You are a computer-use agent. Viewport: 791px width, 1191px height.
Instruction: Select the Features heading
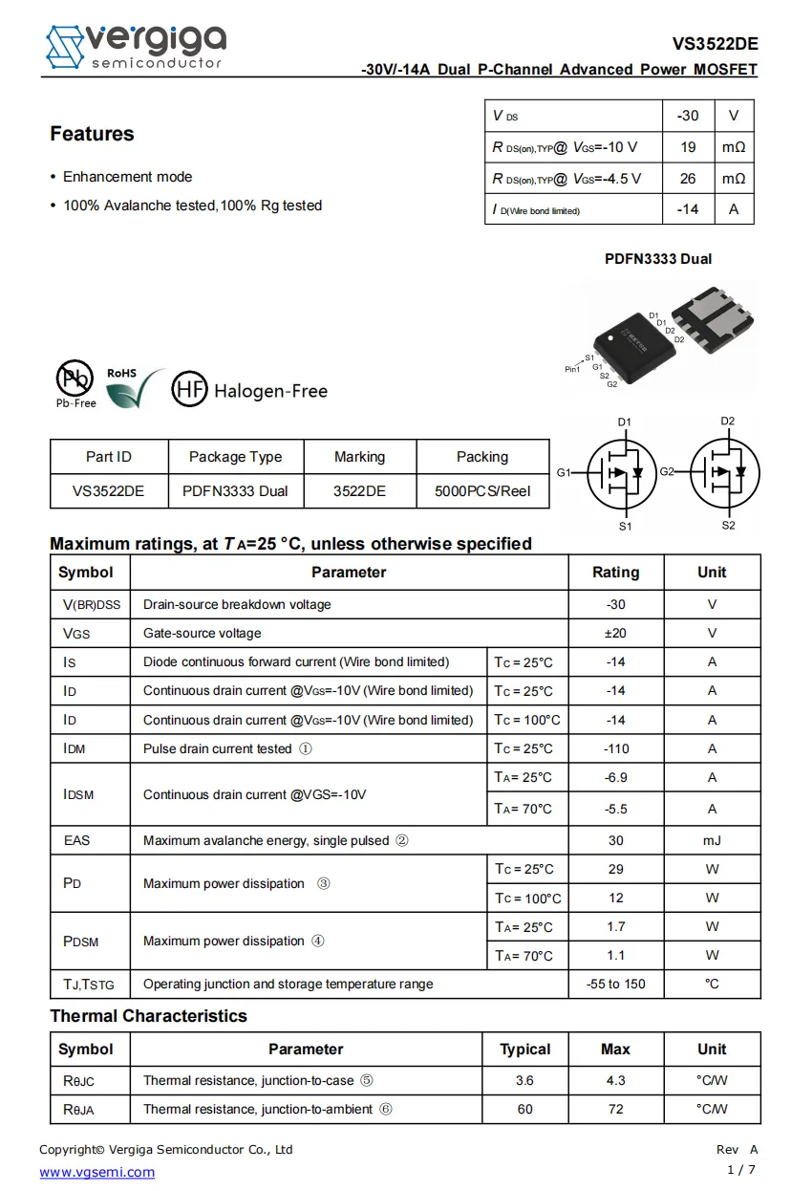(x=92, y=134)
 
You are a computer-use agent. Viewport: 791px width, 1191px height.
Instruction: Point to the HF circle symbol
(x=188, y=389)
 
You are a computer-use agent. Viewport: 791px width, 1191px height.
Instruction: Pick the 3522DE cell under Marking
(x=359, y=491)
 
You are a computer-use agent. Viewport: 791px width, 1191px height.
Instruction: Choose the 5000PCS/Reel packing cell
(x=482, y=491)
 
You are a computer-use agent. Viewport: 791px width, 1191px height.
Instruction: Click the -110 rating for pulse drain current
(x=615, y=748)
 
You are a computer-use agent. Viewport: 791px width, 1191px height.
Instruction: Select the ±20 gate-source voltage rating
(x=615, y=633)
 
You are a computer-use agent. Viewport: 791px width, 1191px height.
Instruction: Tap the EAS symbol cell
(x=76, y=840)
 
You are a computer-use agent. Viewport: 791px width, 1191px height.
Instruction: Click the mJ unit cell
(x=712, y=840)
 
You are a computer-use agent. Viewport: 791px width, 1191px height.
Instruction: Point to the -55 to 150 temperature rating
(x=615, y=984)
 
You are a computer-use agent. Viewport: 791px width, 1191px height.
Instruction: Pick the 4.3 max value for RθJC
(x=615, y=1080)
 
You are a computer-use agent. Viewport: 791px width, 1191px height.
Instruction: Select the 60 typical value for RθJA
(x=524, y=1109)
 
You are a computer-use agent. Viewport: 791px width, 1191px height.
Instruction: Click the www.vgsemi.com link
(x=96, y=1172)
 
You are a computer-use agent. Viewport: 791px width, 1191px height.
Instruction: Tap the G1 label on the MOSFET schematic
(x=564, y=472)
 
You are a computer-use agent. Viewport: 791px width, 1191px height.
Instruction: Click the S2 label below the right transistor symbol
(x=728, y=525)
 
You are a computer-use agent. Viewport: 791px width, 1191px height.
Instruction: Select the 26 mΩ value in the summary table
(x=688, y=179)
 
